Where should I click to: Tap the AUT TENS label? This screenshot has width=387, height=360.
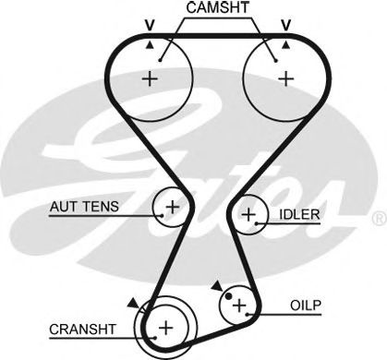click(83, 207)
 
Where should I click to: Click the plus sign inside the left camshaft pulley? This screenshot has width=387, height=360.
click(150, 79)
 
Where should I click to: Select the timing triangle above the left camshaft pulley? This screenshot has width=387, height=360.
click(149, 43)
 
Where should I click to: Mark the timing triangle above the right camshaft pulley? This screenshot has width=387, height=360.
click(286, 43)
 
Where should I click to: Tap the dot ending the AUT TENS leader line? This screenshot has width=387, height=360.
click(161, 213)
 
